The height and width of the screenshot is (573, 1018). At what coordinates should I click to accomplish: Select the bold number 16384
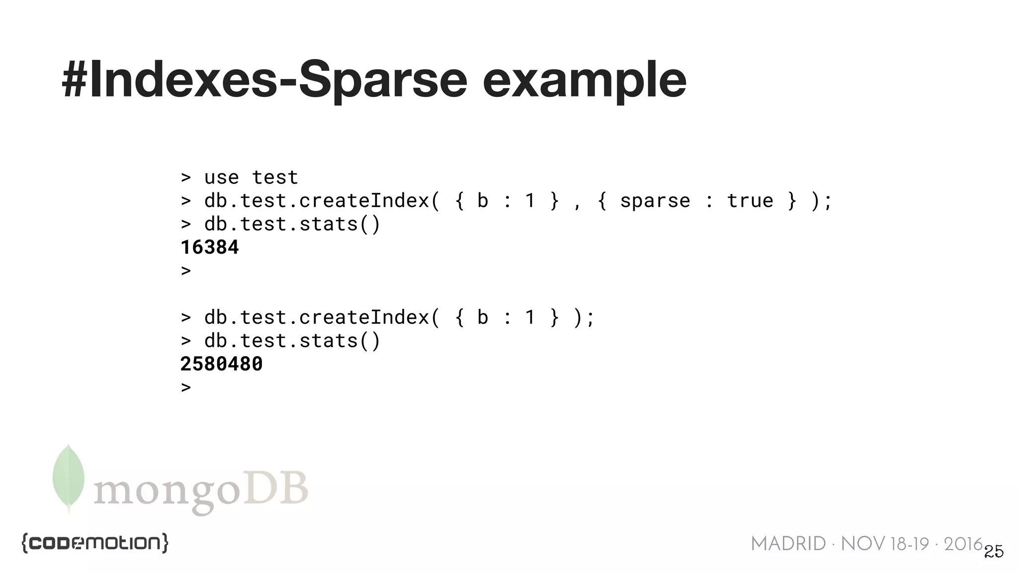(x=209, y=247)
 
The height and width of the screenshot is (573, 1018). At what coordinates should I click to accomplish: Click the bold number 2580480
(x=221, y=364)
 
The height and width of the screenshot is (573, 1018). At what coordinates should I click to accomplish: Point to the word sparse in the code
(x=655, y=201)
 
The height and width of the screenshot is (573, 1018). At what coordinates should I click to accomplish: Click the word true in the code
(x=750, y=201)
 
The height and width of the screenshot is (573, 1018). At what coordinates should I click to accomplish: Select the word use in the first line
(x=221, y=178)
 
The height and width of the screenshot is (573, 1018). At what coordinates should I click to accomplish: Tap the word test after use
(x=274, y=178)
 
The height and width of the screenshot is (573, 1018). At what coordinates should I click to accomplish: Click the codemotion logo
(x=94, y=543)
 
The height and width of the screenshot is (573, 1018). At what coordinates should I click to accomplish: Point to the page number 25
(x=994, y=552)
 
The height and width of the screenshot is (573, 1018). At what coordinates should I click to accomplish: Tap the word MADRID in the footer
(x=788, y=544)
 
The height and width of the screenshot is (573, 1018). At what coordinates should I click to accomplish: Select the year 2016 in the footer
(x=963, y=544)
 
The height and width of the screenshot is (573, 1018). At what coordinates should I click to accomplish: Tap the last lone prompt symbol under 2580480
(x=186, y=387)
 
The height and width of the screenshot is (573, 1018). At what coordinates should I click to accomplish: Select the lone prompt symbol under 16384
(x=186, y=271)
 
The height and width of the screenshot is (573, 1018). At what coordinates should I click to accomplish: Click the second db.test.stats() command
(x=292, y=341)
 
